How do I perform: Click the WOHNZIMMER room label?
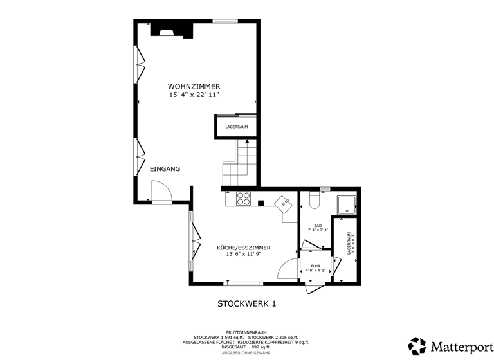(194, 86)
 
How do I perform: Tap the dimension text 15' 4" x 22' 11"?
(194, 94)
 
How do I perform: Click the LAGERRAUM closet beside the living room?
(237, 127)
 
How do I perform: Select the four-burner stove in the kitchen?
(244, 199)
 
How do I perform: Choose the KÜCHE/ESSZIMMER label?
(243, 248)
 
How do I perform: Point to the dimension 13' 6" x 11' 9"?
(243, 254)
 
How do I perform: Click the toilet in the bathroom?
(315, 201)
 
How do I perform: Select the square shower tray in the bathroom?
(348, 204)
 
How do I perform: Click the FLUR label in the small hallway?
(315, 265)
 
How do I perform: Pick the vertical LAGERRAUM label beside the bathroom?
(350, 244)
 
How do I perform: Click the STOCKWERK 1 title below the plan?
(246, 303)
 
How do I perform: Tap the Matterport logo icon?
(417, 346)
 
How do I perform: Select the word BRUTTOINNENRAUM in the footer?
(246, 332)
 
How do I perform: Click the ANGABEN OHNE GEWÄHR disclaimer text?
(246, 353)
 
